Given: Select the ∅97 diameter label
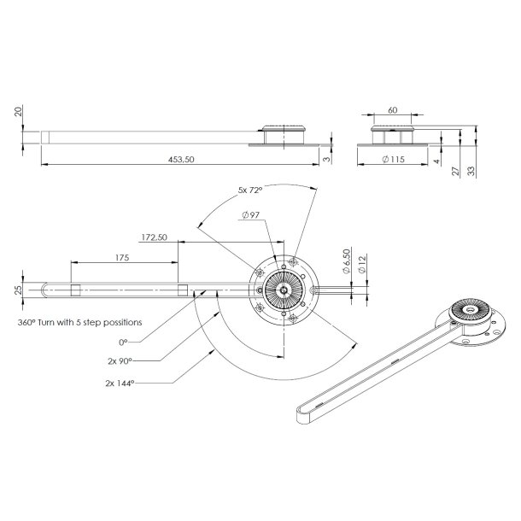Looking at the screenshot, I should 251,216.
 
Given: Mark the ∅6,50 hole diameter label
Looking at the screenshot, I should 347,257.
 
